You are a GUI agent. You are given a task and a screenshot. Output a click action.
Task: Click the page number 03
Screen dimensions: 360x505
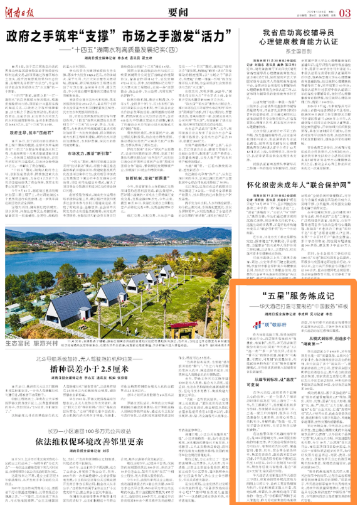click(345, 11)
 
